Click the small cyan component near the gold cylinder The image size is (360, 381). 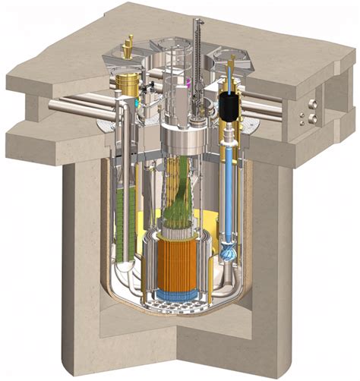pyautogui.click(x=137, y=102)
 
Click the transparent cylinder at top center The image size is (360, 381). pyautogui.click(x=174, y=61)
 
